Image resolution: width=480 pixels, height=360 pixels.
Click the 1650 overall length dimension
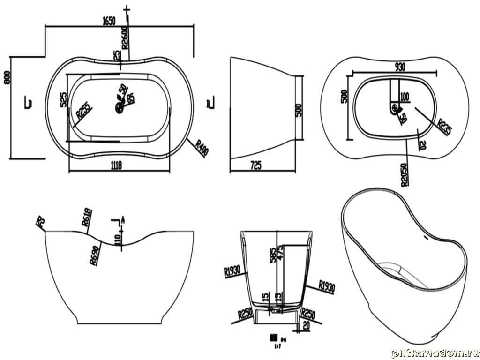click(x=108, y=21)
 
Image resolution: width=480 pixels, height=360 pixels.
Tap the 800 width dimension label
click(x=7, y=77)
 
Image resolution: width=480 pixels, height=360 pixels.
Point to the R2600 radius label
click(x=125, y=37)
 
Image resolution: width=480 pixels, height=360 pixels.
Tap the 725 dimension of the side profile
click(x=256, y=165)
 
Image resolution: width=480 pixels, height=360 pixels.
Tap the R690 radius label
click(x=94, y=255)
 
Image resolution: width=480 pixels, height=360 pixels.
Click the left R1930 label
click(x=233, y=271)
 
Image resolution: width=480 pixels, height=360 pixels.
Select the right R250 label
click(x=308, y=313)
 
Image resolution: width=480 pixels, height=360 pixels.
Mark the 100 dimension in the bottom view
click(x=405, y=97)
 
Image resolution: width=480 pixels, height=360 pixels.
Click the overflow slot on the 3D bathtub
click(x=426, y=238)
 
